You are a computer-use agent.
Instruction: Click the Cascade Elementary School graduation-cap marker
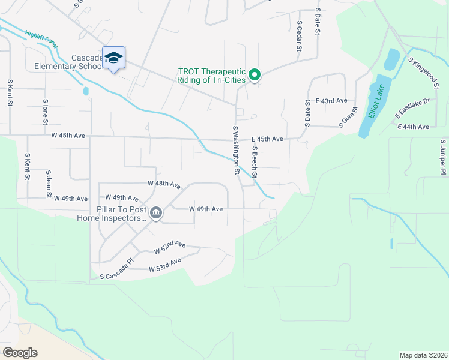[x=113, y=58]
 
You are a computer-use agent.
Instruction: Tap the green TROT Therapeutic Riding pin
[x=255, y=75]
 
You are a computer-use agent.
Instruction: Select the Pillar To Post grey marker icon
[x=155, y=212]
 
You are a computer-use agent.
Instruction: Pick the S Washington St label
[x=236, y=150]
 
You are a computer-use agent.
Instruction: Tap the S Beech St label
[x=255, y=162]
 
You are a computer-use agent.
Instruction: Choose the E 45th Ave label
[x=267, y=139]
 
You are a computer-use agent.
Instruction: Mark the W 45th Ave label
[x=68, y=136]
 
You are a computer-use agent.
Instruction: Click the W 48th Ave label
[x=164, y=184]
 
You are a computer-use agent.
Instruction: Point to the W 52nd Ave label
[x=170, y=247]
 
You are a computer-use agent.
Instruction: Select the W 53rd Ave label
[x=165, y=264]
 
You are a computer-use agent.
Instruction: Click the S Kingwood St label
[x=424, y=73]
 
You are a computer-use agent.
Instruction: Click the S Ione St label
[x=46, y=112]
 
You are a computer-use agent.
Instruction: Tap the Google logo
[x=20, y=353]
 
